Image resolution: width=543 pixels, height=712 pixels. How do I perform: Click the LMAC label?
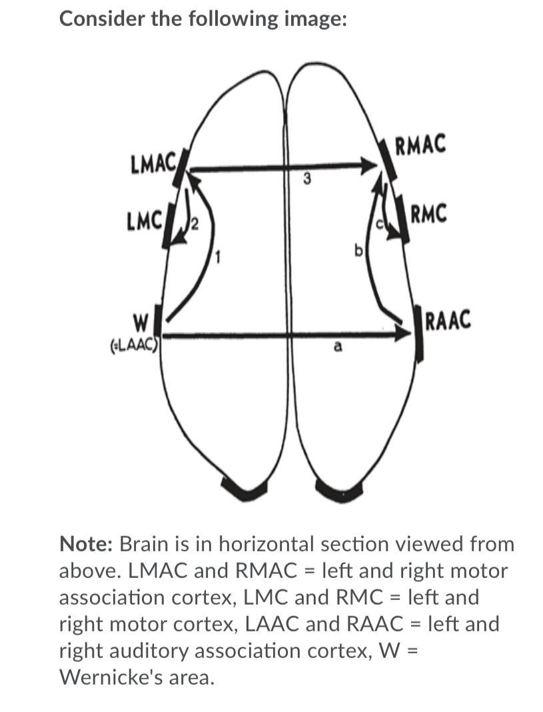(x=153, y=163)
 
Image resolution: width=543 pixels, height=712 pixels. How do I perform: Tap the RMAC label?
(x=420, y=145)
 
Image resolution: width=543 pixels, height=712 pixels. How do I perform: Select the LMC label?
(x=144, y=219)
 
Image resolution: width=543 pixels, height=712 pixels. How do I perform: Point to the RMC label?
(x=429, y=215)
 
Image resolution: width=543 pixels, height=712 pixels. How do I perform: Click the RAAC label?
(x=447, y=321)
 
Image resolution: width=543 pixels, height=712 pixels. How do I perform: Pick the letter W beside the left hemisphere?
(x=141, y=325)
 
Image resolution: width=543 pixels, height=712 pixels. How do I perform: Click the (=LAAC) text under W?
(x=133, y=345)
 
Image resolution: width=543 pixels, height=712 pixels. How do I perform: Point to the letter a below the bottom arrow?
(x=338, y=347)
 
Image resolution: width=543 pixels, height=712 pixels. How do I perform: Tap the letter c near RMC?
(x=380, y=225)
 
